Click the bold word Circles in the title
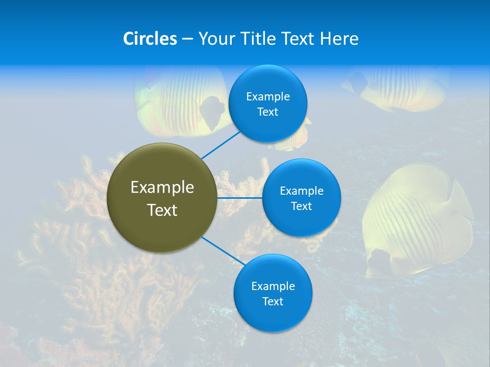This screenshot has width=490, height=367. [150, 39]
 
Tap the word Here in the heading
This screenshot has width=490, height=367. [339, 39]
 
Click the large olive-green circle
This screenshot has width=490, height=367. [162, 198]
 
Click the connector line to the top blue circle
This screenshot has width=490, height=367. [220, 144]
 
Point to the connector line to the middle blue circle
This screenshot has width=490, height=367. [240, 197]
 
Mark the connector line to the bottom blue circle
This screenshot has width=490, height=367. [224, 251]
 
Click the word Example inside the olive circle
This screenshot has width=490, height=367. [162, 188]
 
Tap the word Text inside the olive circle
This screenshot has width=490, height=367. [162, 210]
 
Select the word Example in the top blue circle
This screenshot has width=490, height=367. [268, 97]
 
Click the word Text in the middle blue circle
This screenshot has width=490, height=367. [302, 206]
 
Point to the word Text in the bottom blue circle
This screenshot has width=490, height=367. [273, 302]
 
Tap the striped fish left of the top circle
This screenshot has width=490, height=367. [179, 102]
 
